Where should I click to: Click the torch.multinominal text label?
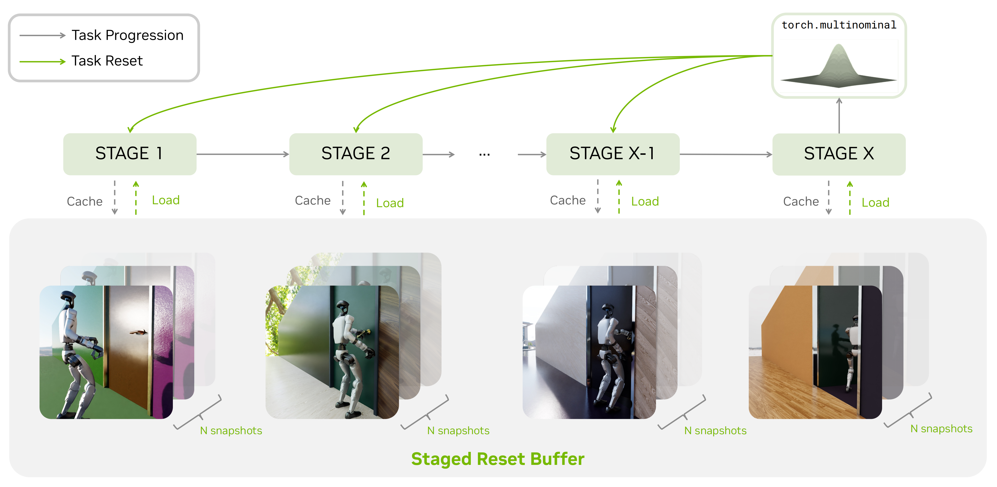point(839,25)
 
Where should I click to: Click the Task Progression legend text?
point(127,35)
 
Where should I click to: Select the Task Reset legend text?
point(107,61)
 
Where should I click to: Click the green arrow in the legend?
point(42,62)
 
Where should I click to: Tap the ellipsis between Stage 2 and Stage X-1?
point(484,155)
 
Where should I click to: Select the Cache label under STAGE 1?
point(85,201)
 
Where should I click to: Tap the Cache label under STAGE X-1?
point(568,200)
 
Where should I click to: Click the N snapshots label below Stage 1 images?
point(231,430)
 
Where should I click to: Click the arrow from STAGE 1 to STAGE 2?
point(243,154)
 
